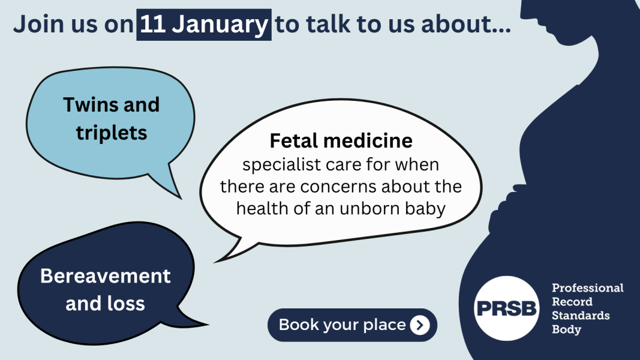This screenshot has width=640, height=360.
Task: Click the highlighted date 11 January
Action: (204, 25)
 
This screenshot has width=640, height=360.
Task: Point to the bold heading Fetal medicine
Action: (341, 141)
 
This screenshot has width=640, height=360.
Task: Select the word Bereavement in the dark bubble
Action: (106, 276)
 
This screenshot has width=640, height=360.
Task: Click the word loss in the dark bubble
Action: (127, 303)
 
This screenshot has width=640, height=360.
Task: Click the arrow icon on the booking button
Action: (420, 325)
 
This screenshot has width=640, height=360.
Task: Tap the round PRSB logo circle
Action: (506, 308)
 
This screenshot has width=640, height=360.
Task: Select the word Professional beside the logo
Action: (587, 289)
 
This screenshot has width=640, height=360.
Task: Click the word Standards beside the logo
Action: (580, 316)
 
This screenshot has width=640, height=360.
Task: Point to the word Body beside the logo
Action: (566, 329)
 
